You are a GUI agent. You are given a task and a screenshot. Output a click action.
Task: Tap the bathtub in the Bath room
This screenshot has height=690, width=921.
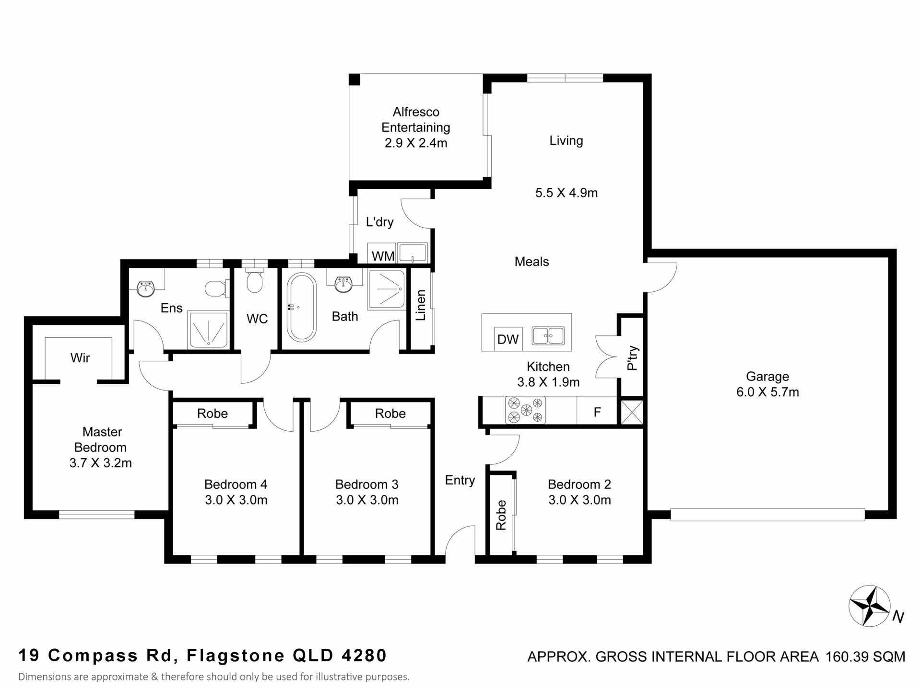(x=301, y=307)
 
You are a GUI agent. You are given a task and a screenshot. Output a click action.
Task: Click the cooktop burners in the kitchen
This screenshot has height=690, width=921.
(x=525, y=410)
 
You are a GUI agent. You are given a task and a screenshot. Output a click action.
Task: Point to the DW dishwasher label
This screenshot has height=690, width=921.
(x=508, y=339)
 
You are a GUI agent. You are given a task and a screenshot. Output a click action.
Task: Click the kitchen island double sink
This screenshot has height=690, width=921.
(x=548, y=335)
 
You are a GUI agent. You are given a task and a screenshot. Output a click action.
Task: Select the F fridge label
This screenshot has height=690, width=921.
(x=597, y=412)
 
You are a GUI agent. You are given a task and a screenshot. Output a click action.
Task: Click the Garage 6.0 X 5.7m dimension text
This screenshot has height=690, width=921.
(x=767, y=392)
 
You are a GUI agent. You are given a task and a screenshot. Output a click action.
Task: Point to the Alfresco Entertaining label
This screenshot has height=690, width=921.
(x=416, y=119)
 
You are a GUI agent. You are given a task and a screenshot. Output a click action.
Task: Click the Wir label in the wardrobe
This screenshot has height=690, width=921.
(x=80, y=357)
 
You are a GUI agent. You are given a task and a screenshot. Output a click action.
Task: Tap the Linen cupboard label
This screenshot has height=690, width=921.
(x=421, y=305)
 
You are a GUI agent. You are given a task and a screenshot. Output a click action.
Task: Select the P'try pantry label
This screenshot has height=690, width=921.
(x=633, y=358)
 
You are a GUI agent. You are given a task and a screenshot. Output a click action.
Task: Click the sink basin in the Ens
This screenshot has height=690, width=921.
(x=145, y=288)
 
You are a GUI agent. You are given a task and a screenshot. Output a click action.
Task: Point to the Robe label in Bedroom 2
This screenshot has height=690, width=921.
(x=501, y=515)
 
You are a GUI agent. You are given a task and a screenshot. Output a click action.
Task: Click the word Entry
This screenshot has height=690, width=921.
(x=460, y=481)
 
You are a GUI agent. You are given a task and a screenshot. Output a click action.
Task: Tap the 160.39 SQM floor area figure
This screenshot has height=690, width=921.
(x=865, y=656)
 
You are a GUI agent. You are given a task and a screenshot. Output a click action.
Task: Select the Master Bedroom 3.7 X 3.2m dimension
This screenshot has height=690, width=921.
(x=101, y=463)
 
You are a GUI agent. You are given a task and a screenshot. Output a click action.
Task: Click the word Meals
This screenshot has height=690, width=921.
(x=531, y=262)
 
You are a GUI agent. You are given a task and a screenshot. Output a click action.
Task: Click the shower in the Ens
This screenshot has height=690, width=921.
(x=209, y=330)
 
